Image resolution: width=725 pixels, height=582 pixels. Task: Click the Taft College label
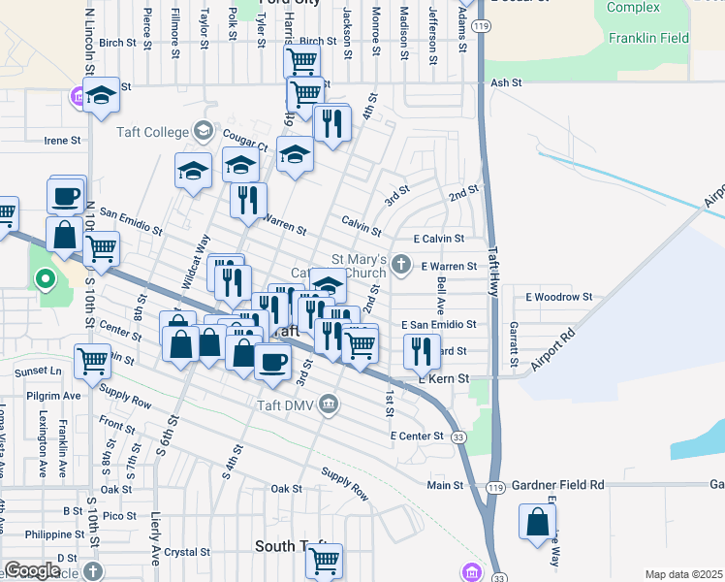point(157,132)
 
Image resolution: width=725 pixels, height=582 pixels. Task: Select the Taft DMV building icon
point(330,403)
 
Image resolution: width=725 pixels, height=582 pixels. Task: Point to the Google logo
point(32,570)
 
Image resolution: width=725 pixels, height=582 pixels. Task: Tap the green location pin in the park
point(45,281)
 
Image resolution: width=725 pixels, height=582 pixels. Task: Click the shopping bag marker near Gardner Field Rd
point(537,524)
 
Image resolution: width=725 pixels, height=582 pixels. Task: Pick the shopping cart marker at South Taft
point(324,561)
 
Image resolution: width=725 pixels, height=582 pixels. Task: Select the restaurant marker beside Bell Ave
point(421,351)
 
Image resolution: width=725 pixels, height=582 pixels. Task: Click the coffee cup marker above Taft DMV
point(271,362)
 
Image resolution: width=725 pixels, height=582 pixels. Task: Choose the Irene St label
point(63,141)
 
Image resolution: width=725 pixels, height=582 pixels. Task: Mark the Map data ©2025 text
point(682,574)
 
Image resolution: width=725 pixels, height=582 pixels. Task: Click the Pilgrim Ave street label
point(59,397)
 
